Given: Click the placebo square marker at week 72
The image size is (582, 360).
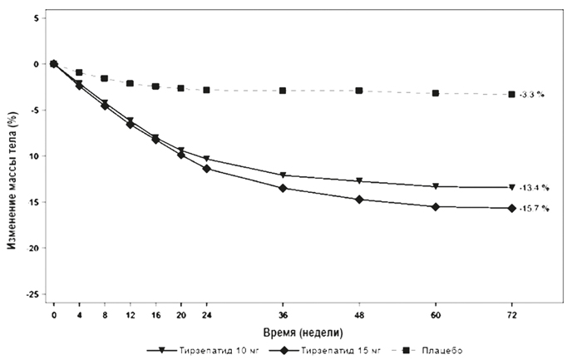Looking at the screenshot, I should tap(511, 94).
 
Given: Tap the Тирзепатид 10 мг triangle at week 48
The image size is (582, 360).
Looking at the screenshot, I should tap(359, 180).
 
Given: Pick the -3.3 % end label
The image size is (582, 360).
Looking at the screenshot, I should tap(531, 95).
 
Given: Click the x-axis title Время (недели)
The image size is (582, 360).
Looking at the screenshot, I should tap(283, 330).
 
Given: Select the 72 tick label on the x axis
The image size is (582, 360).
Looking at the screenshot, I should tap(511, 315).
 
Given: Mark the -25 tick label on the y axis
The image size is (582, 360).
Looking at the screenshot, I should tap(33, 293).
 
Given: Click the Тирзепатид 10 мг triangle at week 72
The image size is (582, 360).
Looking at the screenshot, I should tap(511, 187).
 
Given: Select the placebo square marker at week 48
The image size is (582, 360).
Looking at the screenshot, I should tap(359, 91).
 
